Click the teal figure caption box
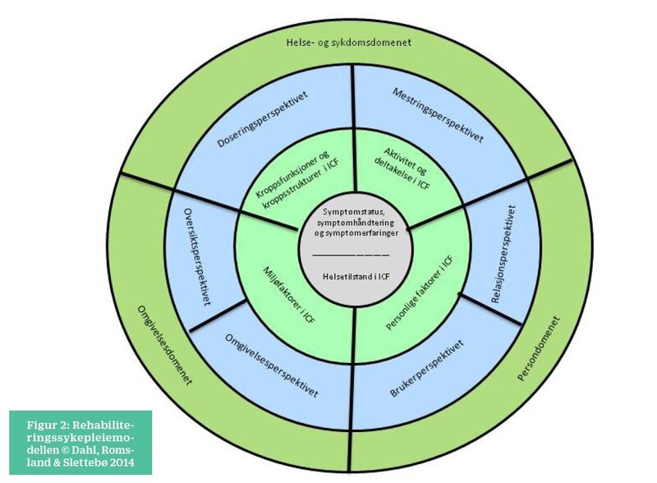pyautogui.click(x=80, y=441)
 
